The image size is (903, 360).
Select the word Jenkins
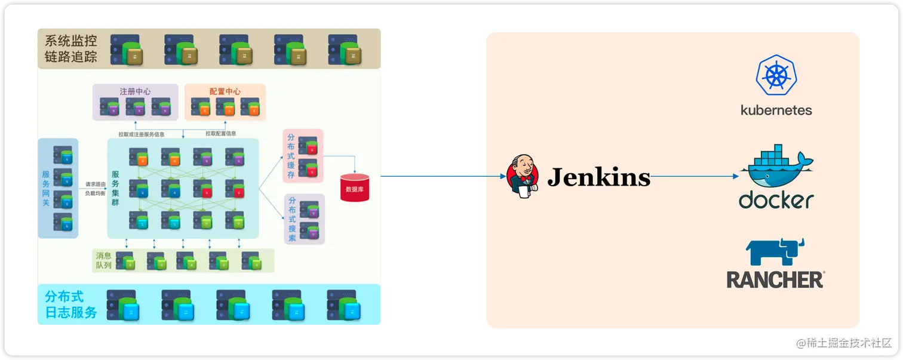pyautogui.click(x=599, y=177)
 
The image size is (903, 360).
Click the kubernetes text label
pyautogui.click(x=776, y=110)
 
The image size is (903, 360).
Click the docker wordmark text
pyautogui.click(x=776, y=200)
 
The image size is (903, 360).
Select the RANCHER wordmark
pyautogui.click(x=775, y=279)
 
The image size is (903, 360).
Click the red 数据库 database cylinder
pyautogui.click(x=354, y=187)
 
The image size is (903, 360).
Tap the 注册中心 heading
pyautogui.click(x=135, y=91)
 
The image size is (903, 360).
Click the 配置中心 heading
pyautogui.click(x=225, y=91)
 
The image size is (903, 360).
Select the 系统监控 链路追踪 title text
pyautogui.click(x=71, y=49)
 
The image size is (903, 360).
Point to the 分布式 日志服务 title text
pyautogui.click(x=70, y=304)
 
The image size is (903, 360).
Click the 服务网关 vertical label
pyautogui.click(x=46, y=189)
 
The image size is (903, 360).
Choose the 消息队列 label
pyautogui.click(x=103, y=260)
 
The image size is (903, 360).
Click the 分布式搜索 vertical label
pyautogui.click(x=291, y=219)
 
